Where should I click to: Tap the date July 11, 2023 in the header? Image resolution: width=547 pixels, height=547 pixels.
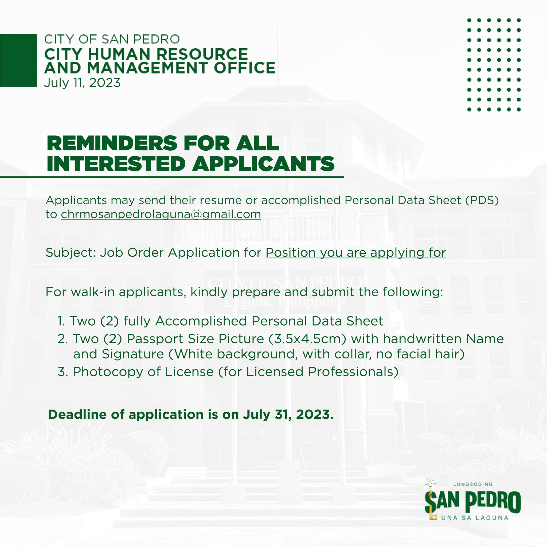click(82, 83)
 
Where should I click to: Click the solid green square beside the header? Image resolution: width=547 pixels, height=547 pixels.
click(18, 60)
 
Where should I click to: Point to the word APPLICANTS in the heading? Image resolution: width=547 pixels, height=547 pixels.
click(263, 164)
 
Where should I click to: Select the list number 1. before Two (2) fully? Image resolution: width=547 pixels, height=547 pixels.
click(61, 321)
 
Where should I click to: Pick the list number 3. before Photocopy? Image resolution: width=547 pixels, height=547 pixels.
click(63, 372)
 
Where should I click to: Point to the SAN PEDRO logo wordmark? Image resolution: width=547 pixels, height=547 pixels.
click(472, 503)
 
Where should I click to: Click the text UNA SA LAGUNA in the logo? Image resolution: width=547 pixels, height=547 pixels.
click(475, 518)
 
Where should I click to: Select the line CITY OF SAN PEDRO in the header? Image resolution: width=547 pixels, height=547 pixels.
click(112, 39)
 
